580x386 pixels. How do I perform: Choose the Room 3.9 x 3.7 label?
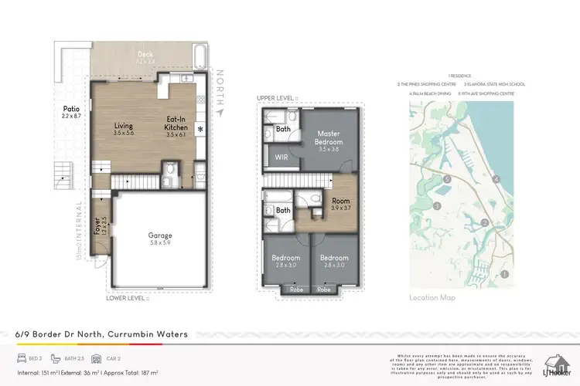(341, 204)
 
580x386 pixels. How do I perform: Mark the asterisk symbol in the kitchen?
(200, 129)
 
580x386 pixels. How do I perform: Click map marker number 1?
(503, 273)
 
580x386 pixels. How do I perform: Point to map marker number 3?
(437, 205)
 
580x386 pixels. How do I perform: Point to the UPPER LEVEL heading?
(279, 99)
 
